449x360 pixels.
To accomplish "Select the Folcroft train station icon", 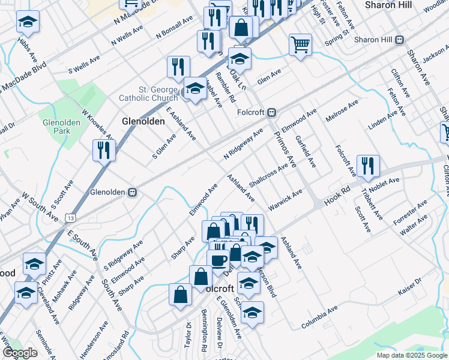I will click(x=271, y=112).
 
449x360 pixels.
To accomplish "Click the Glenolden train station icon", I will click(x=131, y=193).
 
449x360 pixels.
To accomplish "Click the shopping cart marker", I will click(x=300, y=44).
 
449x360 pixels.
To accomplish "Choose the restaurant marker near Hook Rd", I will click(x=367, y=165).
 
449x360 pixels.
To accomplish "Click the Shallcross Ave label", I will click(x=268, y=175).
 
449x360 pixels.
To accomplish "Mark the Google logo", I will click(x=20, y=353).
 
